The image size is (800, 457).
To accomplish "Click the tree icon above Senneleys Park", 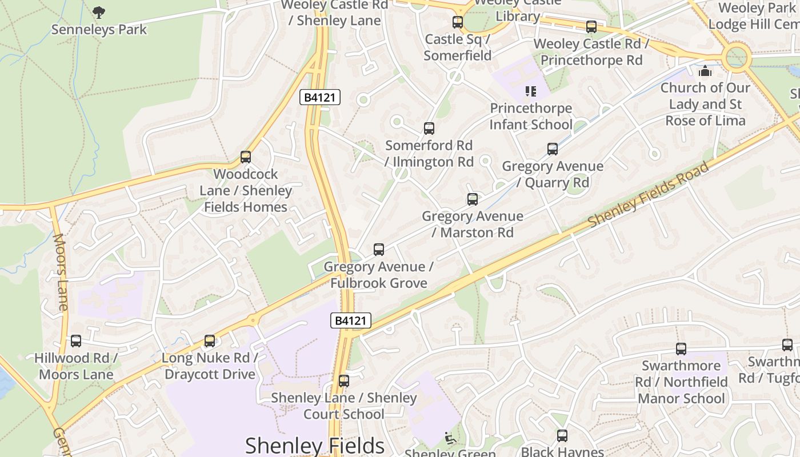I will click(x=99, y=12).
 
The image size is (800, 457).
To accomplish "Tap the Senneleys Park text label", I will click(x=99, y=30).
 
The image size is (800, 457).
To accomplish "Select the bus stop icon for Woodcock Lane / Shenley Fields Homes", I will click(x=246, y=157).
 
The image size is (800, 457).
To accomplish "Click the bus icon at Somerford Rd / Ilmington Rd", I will click(x=429, y=129).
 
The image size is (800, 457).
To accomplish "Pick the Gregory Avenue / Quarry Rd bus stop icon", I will click(x=552, y=149).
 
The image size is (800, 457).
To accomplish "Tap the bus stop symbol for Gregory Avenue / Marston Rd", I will click(x=473, y=199).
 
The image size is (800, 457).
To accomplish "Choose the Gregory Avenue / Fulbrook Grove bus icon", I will click(x=378, y=250).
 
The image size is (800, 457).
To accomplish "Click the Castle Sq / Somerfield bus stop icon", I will click(x=458, y=22).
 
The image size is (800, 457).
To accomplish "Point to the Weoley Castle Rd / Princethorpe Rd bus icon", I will click(x=591, y=27).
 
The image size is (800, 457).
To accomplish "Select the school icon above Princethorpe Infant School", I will click(x=531, y=91).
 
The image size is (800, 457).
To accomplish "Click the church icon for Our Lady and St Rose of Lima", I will click(x=705, y=71).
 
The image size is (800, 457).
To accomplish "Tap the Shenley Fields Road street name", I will click(x=648, y=194).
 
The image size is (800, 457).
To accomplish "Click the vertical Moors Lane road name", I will click(x=60, y=272).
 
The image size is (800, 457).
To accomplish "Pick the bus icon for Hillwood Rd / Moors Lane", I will click(x=76, y=341).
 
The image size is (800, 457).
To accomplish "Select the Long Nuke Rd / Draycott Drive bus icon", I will click(x=210, y=341).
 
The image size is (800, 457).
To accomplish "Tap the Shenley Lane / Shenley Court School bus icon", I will click(x=343, y=381).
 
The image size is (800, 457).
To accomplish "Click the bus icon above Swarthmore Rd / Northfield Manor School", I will click(x=681, y=349).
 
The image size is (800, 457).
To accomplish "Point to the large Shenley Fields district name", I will click(x=315, y=446).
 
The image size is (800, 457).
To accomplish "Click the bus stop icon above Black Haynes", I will click(x=562, y=436).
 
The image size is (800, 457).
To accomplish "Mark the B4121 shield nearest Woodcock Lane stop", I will click(x=320, y=98).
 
